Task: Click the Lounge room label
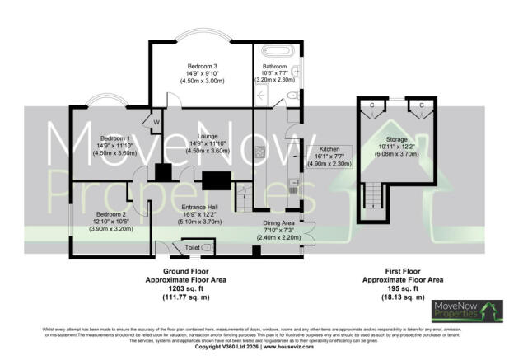click(201, 137)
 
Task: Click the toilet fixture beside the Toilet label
click(206, 246)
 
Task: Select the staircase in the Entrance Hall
click(243, 197)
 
